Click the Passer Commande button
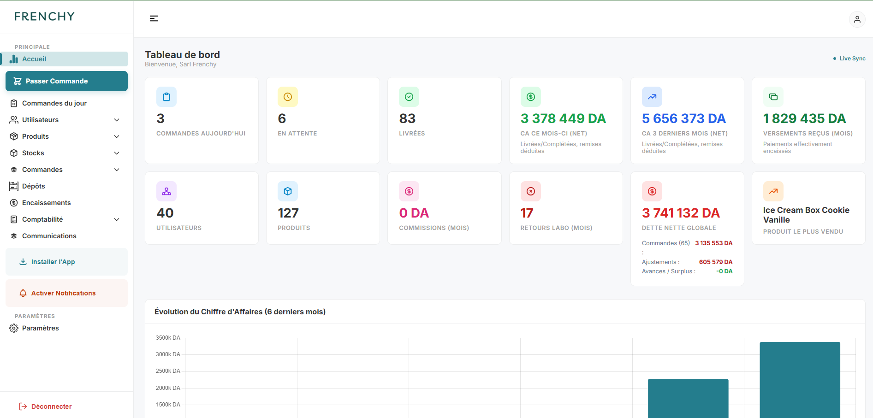tap(66, 81)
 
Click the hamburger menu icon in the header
tap(154, 18)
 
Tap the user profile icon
tap(857, 19)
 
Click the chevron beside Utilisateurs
tap(117, 120)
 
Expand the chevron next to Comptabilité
tap(117, 219)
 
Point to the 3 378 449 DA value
tap(563, 118)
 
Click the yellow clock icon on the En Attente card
tap(288, 97)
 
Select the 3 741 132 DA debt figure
tap(681, 213)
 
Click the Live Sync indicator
tap(849, 59)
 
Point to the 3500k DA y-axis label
tap(168, 338)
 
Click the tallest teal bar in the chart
tap(800, 380)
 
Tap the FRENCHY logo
tap(44, 17)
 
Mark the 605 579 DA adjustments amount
tap(716, 262)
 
